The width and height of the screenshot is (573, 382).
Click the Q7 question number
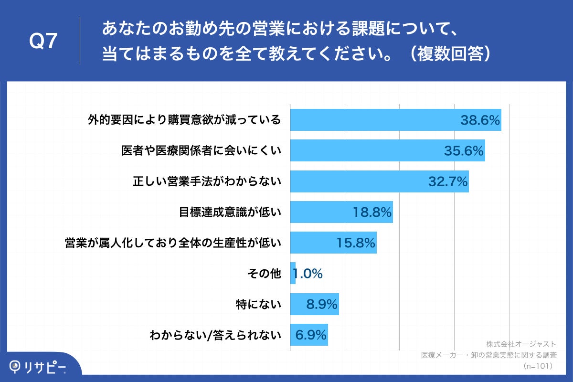click(44, 42)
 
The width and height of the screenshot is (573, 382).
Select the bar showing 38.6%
click(372, 120)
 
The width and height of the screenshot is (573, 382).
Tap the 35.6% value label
click(464, 151)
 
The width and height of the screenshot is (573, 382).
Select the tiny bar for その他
click(293, 274)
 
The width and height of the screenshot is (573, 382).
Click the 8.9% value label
click(322, 304)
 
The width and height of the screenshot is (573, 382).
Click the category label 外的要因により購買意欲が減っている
click(184, 120)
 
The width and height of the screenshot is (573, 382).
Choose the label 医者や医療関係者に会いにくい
click(201, 151)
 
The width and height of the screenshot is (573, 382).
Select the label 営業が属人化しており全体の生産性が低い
click(172, 243)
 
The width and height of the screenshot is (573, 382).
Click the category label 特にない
click(258, 304)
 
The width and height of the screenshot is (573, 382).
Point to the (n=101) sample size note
click(538, 366)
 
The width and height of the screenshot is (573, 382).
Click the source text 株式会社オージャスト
click(521, 344)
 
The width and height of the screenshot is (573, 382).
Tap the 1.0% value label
click(308, 274)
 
